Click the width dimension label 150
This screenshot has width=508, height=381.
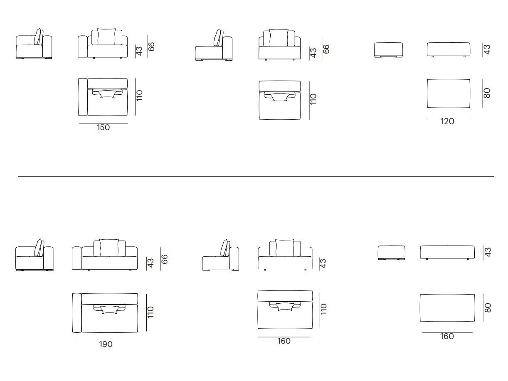coord(103,127)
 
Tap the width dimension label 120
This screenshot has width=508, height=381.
coord(447,121)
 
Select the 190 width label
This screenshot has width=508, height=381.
coord(106,344)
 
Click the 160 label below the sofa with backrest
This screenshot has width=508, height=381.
coord(284,341)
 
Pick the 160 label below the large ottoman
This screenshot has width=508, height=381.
coord(446,337)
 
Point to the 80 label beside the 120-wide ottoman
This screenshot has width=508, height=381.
coord(487,93)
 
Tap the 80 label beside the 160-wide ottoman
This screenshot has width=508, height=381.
coord(487,308)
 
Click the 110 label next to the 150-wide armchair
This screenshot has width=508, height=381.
coord(139,96)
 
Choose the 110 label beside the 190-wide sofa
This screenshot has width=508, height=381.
coord(150,312)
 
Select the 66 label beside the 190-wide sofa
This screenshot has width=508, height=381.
coord(164,259)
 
